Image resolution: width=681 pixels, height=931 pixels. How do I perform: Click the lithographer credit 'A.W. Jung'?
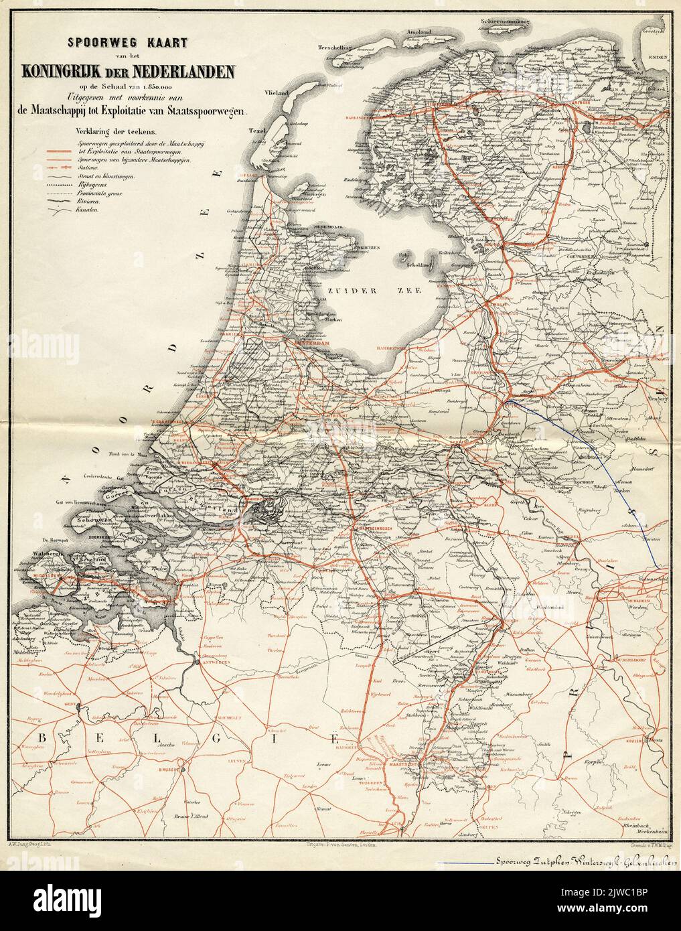point(25,869)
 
